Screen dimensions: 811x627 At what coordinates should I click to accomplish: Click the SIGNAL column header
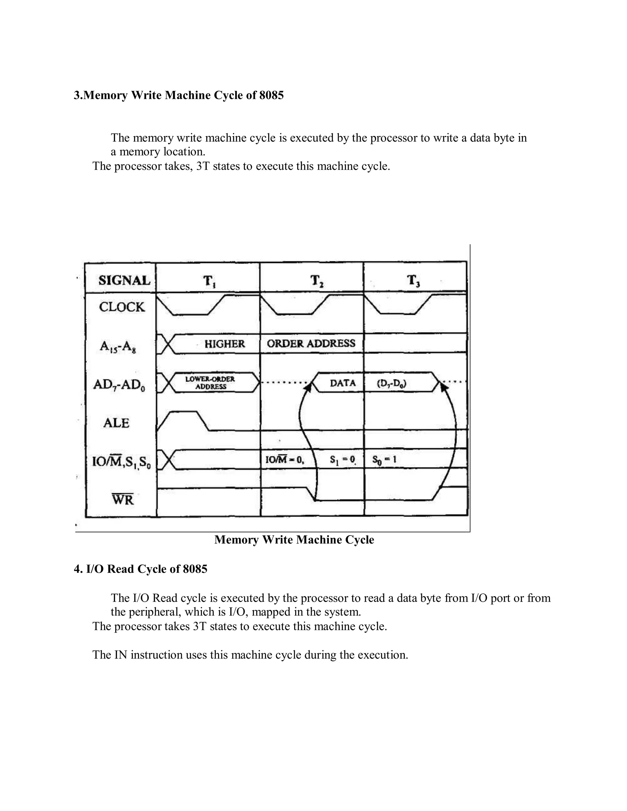click(x=124, y=280)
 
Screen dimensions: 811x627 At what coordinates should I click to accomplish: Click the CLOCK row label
click(x=122, y=307)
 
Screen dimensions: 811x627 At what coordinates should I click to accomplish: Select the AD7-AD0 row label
click(x=119, y=385)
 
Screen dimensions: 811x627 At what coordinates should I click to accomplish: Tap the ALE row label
click(x=116, y=423)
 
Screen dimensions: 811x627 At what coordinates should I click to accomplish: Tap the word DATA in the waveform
click(x=343, y=383)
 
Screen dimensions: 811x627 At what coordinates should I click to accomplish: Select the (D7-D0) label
click(x=392, y=383)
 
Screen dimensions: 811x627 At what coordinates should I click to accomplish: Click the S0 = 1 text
click(x=384, y=460)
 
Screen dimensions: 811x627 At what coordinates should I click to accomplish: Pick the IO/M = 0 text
click(x=284, y=460)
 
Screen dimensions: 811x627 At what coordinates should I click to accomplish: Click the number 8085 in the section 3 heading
click(x=271, y=95)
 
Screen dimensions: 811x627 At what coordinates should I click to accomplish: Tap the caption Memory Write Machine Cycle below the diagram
click(x=294, y=540)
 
